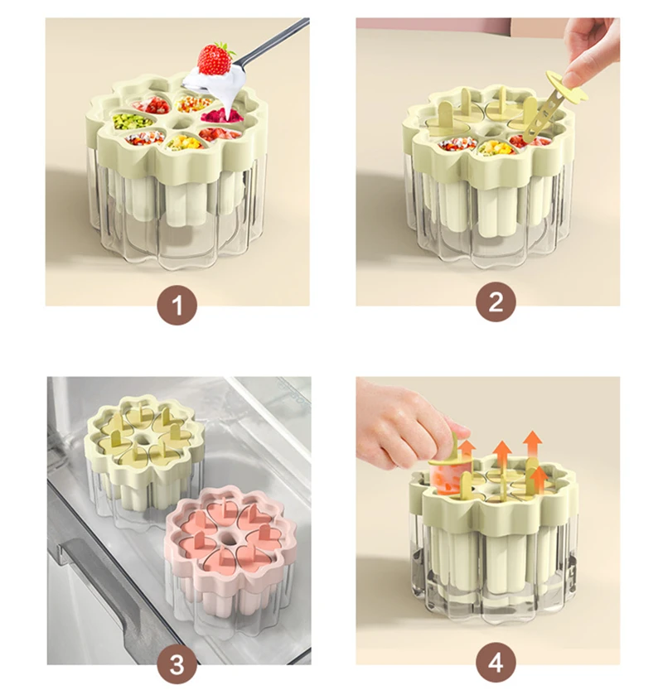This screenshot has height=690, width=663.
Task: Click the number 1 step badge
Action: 177,304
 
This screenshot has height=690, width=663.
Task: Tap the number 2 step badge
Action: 496,302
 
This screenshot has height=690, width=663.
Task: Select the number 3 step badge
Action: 177,663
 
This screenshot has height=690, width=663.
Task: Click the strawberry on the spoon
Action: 215,59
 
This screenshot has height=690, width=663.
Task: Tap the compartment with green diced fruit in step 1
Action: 126,122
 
